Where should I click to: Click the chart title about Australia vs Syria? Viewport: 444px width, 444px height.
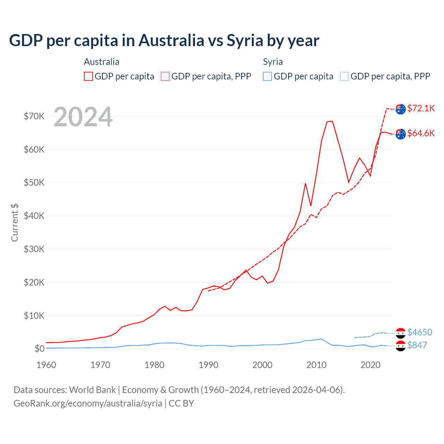(x=164, y=41)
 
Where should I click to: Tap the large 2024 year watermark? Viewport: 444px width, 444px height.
(x=83, y=117)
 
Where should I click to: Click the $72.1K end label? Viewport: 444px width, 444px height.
(x=421, y=108)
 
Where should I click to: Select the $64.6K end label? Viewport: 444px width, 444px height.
(x=421, y=133)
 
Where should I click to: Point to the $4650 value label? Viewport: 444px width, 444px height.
(x=419, y=332)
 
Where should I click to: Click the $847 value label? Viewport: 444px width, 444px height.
(x=417, y=345)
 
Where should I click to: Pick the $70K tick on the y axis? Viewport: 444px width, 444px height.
(x=34, y=116)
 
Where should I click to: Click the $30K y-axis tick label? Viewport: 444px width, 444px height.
(x=34, y=249)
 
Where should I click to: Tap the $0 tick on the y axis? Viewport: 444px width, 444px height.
(x=39, y=349)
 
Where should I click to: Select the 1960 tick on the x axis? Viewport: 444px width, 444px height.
(x=46, y=365)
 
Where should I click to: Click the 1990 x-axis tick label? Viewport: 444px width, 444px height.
(x=208, y=365)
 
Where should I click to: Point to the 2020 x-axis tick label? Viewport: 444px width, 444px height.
(x=370, y=365)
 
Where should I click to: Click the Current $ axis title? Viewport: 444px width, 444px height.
(x=15, y=223)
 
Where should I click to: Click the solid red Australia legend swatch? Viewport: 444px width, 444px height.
(x=88, y=76)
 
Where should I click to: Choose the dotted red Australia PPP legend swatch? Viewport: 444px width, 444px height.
(x=165, y=76)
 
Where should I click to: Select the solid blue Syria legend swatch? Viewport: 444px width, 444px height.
(x=267, y=76)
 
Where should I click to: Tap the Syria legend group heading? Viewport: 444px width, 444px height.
(x=273, y=62)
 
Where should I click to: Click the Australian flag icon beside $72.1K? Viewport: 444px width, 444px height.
(x=401, y=109)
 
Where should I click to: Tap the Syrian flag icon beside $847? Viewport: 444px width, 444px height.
(x=401, y=345)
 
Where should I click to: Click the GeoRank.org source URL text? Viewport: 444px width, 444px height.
(x=88, y=403)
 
